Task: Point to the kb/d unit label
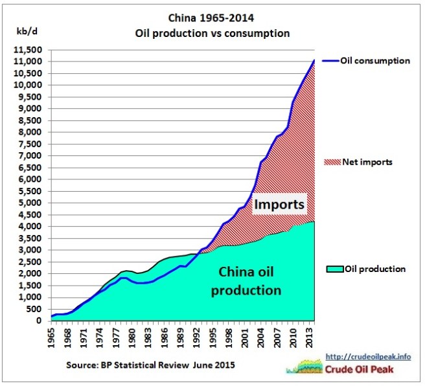[x=25, y=31]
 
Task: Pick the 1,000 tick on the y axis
[x=32, y=297]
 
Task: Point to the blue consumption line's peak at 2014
[x=314, y=60]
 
